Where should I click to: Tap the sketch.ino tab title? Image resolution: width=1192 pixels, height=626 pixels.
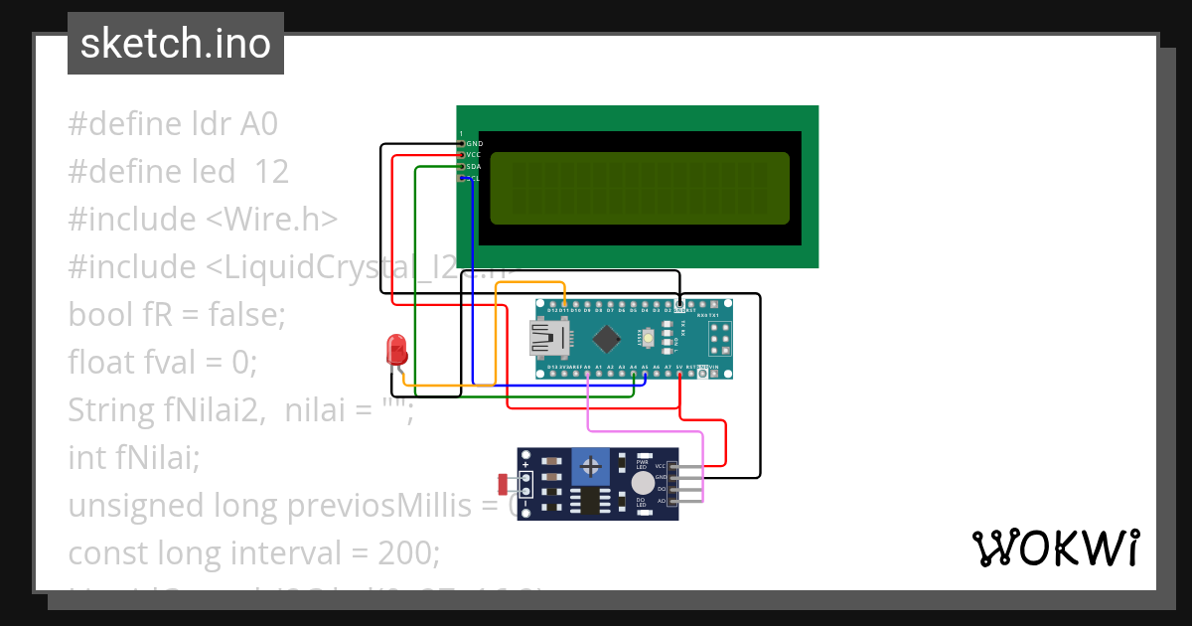[x=176, y=44]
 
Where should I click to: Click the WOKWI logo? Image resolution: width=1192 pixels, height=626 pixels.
[x=1055, y=548]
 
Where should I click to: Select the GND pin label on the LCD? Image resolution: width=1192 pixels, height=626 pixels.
[x=474, y=143]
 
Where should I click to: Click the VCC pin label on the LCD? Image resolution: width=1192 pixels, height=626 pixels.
[x=474, y=155]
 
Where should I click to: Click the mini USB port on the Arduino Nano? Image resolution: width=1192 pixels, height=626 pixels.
[x=549, y=341]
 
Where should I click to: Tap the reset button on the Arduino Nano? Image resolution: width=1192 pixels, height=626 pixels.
[x=648, y=341]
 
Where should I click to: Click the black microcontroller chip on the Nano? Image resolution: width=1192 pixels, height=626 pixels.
[x=605, y=341]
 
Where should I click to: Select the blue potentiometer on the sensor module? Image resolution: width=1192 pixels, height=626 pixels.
[x=592, y=464]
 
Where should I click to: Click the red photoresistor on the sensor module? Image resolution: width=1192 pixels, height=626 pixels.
[x=502, y=484]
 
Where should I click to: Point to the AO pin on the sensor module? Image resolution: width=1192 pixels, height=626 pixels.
[x=675, y=501]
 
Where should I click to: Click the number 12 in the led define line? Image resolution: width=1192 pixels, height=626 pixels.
[x=271, y=172]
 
